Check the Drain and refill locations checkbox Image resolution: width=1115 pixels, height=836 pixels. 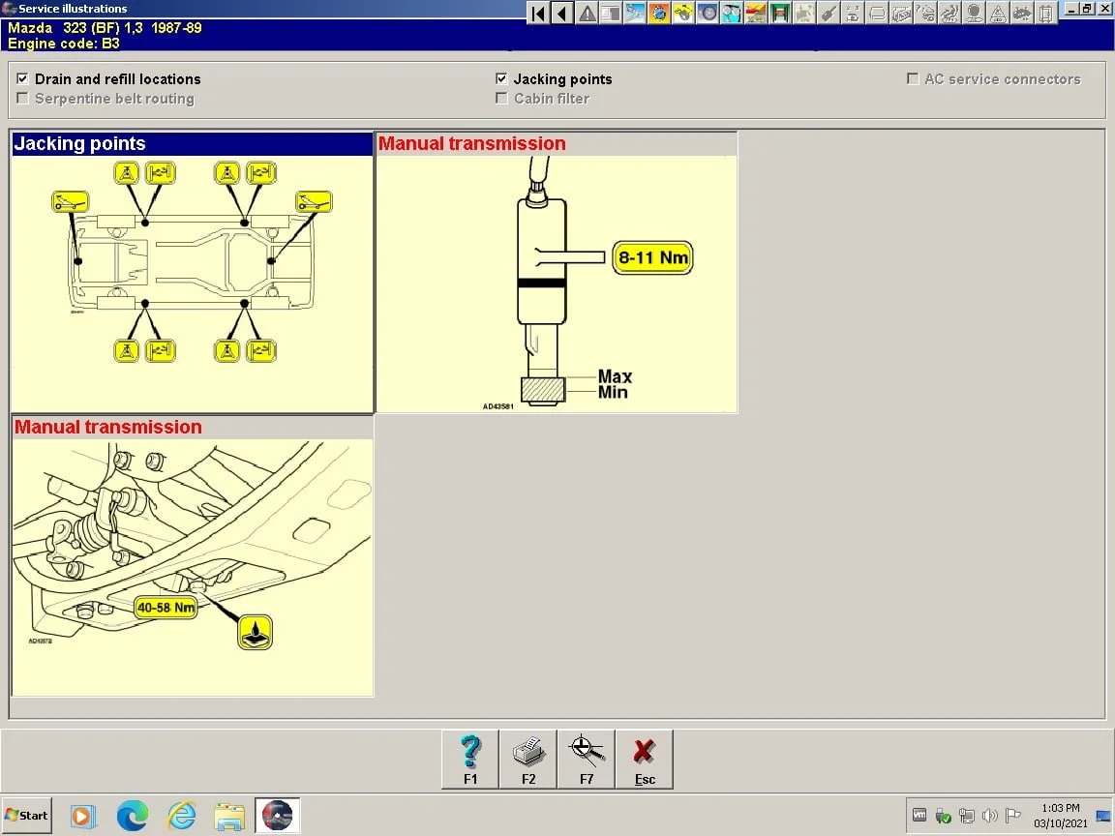(22, 79)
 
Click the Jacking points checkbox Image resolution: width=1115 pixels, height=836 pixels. (501, 79)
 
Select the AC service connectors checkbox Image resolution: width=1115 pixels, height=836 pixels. (913, 79)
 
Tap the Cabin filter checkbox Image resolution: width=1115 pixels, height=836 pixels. (501, 99)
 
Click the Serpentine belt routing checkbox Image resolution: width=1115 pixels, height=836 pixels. (22, 99)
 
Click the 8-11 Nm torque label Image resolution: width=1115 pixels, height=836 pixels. (652, 258)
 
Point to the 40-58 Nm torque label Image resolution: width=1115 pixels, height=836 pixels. (166, 608)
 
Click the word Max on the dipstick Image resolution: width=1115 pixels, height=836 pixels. (615, 376)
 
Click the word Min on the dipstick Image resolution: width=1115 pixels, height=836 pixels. (613, 392)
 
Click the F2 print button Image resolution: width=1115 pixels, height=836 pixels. (528, 760)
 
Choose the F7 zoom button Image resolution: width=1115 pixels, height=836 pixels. (587, 760)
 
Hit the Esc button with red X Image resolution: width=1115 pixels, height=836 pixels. (645, 760)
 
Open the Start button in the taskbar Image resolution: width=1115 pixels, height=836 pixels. (27, 815)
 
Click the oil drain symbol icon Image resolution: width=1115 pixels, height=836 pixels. (256, 632)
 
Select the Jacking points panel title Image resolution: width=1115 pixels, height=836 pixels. (79, 144)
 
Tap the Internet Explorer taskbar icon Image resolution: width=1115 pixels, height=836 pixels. (181, 816)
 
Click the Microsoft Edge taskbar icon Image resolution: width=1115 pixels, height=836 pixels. (133, 816)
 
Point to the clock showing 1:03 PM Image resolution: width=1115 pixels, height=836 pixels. (1061, 808)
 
